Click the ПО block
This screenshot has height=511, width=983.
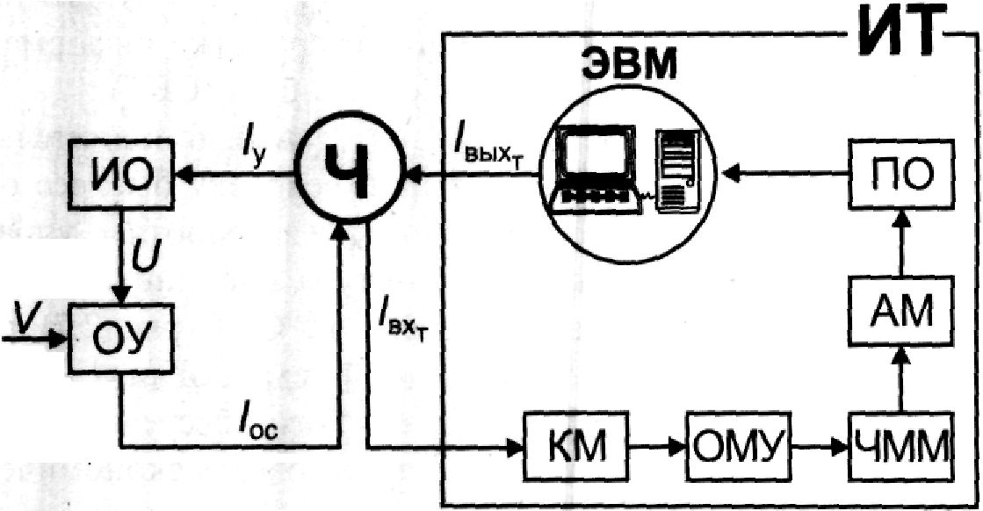(901, 175)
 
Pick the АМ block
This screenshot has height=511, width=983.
(901, 311)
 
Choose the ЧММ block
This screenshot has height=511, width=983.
(901, 446)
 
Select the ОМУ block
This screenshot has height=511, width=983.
(738, 446)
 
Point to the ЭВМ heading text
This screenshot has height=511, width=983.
(628, 64)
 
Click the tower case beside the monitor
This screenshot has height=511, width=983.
(677, 168)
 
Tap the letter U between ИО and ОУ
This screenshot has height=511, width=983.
(145, 258)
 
